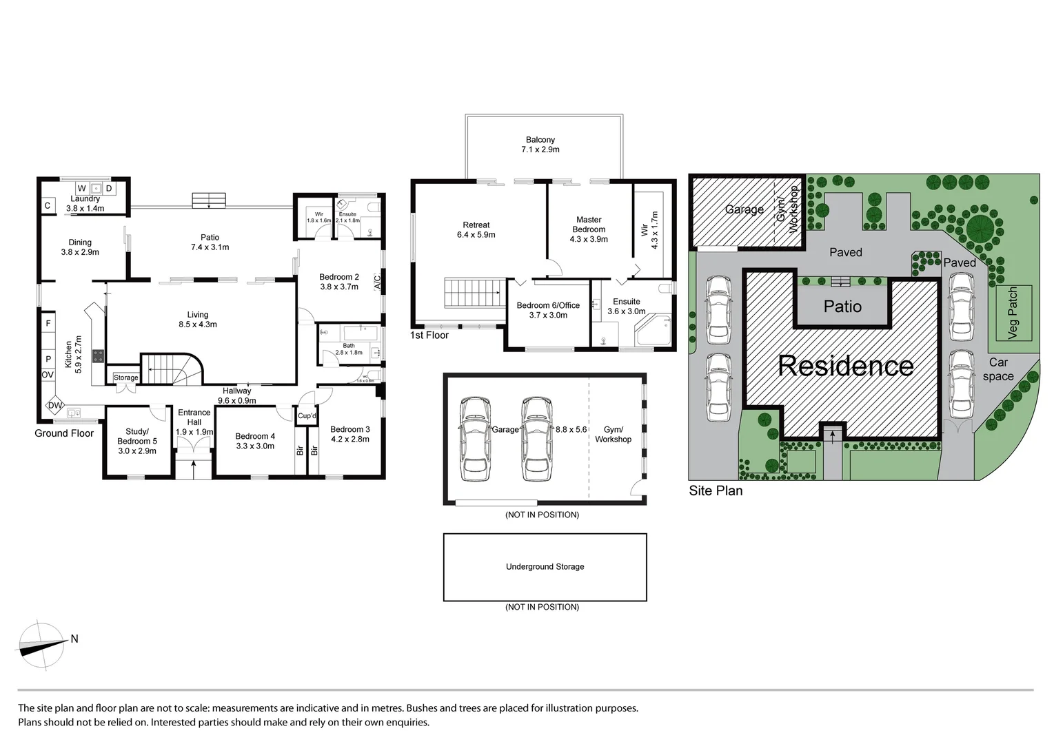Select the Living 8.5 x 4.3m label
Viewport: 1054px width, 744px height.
tap(198, 320)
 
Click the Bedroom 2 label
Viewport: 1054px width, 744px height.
tap(339, 282)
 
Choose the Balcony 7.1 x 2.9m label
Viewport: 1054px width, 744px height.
tap(540, 145)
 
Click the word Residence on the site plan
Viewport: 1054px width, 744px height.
tap(845, 366)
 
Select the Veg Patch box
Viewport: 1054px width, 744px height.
tap(1012, 313)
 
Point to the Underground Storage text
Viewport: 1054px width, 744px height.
tap(545, 567)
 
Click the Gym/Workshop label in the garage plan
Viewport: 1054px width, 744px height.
tap(613, 435)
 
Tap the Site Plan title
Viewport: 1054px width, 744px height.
tap(716, 490)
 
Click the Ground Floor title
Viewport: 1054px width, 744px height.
tap(64, 433)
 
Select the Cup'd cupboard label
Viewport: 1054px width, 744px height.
tap(307, 416)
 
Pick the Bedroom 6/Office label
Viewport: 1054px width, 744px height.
tap(548, 310)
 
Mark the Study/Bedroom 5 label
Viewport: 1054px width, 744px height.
tap(136, 441)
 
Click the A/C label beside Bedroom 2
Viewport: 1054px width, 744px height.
tap(377, 282)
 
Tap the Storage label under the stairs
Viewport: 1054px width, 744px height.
tap(126, 378)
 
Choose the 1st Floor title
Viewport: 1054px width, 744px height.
tap(429, 335)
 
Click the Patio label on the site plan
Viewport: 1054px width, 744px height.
tap(842, 307)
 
